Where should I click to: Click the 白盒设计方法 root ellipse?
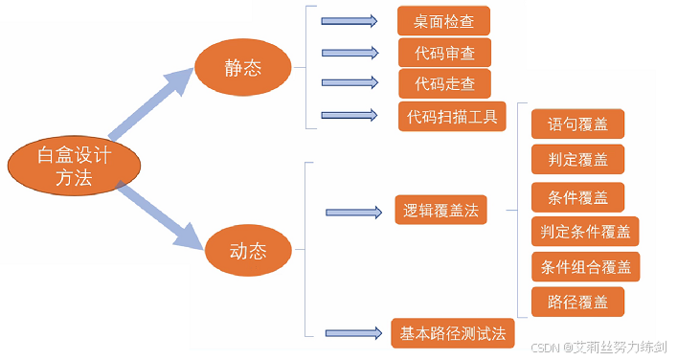74,166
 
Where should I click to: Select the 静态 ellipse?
243,67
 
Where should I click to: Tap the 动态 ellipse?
248,250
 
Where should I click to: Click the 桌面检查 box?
444,21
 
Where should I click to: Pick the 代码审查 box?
444,53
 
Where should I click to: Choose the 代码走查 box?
444,83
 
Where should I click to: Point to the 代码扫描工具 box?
452,117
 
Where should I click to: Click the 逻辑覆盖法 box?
440,211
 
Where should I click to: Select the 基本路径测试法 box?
453,333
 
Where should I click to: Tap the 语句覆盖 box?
577,124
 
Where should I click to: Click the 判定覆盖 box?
577,160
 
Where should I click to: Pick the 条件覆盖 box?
577,197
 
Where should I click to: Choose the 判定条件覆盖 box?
585,232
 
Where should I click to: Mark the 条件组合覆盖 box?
585,267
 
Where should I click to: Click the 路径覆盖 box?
577,302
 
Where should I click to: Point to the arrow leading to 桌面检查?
350,21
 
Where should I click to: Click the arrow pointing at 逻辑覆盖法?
354,213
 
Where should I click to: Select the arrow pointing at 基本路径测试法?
353,333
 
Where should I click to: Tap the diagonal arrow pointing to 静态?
151,104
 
